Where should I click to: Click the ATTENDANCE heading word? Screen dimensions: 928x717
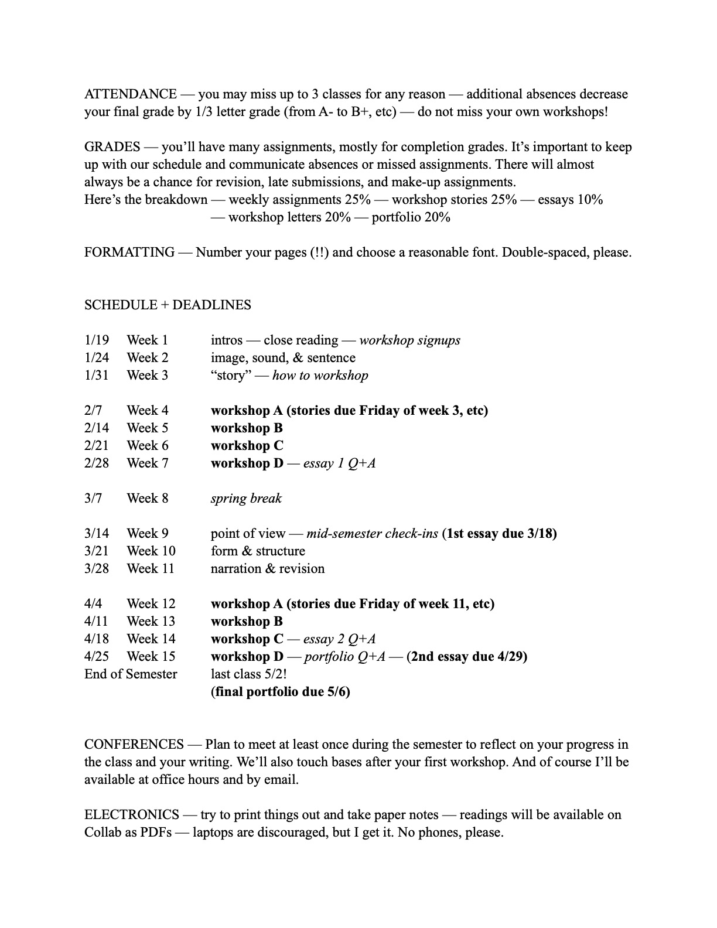[130, 94]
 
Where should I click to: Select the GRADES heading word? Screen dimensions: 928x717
[112, 147]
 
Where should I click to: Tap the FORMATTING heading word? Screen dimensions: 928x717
[129, 253]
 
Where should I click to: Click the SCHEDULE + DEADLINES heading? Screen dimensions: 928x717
[168, 305]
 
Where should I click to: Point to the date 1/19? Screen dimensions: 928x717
[96, 340]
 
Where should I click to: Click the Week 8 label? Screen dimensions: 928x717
[147, 499]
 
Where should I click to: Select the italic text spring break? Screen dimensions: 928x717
[246, 499]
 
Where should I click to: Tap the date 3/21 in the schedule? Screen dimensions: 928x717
[96, 551]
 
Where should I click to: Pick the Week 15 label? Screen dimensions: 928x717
[151, 657]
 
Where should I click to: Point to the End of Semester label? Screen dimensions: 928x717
[130, 674]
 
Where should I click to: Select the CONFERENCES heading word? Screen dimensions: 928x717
[134, 745]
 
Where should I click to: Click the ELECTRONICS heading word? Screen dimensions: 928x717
[131, 815]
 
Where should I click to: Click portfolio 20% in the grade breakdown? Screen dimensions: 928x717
[411, 217]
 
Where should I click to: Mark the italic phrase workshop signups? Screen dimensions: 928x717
[409, 340]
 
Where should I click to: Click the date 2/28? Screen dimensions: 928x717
[96, 463]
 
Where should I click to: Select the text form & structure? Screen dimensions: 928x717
[258, 551]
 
